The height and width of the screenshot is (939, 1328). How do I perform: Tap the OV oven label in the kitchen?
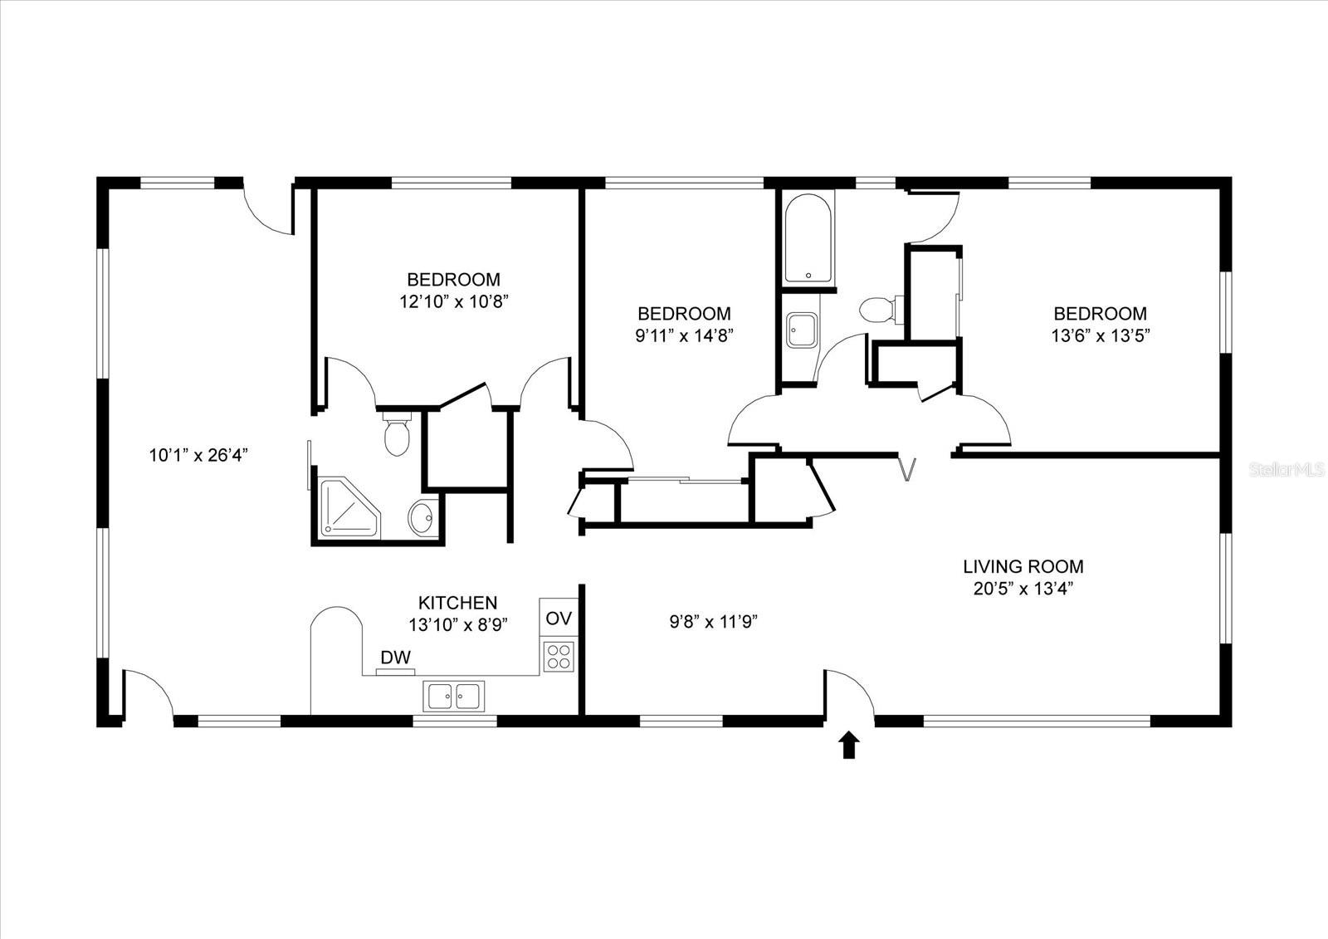(x=559, y=619)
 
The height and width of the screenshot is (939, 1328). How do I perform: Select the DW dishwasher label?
(x=396, y=658)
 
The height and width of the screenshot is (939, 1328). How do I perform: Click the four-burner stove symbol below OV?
(x=559, y=657)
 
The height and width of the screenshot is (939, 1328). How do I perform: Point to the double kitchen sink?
(x=454, y=696)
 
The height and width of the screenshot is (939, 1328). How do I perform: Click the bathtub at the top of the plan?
(x=808, y=239)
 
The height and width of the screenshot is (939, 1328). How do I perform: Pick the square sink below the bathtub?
(x=802, y=330)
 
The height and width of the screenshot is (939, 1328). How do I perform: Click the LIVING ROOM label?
(x=1023, y=567)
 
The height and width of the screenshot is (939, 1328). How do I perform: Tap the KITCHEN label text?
(x=457, y=603)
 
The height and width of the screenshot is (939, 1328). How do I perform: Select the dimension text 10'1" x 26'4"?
(x=199, y=455)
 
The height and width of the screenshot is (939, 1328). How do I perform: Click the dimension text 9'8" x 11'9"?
(x=714, y=621)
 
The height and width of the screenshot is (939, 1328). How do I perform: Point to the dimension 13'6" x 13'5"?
(x=1100, y=335)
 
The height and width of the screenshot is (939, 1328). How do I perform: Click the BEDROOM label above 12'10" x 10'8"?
(x=453, y=279)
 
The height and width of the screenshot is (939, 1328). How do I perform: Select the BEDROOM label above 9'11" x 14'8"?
(x=684, y=314)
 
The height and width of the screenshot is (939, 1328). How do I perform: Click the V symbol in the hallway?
(x=908, y=469)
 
